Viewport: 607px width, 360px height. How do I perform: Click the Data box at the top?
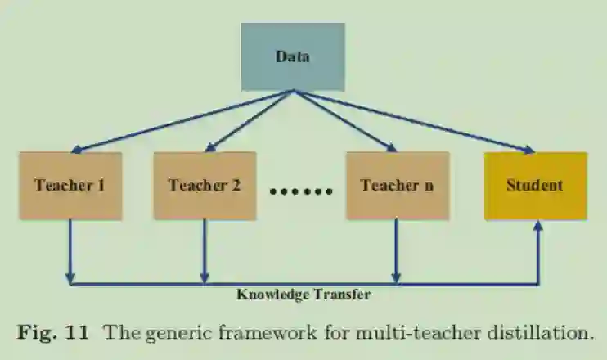(292, 56)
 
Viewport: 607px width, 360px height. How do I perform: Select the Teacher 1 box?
(70, 185)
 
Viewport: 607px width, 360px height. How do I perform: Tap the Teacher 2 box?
(205, 185)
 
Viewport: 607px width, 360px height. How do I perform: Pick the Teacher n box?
(397, 185)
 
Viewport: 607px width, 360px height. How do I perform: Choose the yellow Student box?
(535, 185)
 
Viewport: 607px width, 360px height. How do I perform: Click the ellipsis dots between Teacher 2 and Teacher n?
(301, 192)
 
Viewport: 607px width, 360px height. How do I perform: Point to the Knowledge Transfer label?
(303, 295)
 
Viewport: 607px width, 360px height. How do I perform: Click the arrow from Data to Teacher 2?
(248, 121)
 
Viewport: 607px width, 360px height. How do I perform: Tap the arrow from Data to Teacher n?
(344, 121)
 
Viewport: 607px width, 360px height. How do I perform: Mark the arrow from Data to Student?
(413, 121)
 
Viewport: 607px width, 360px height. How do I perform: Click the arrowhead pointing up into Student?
(537, 227)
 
